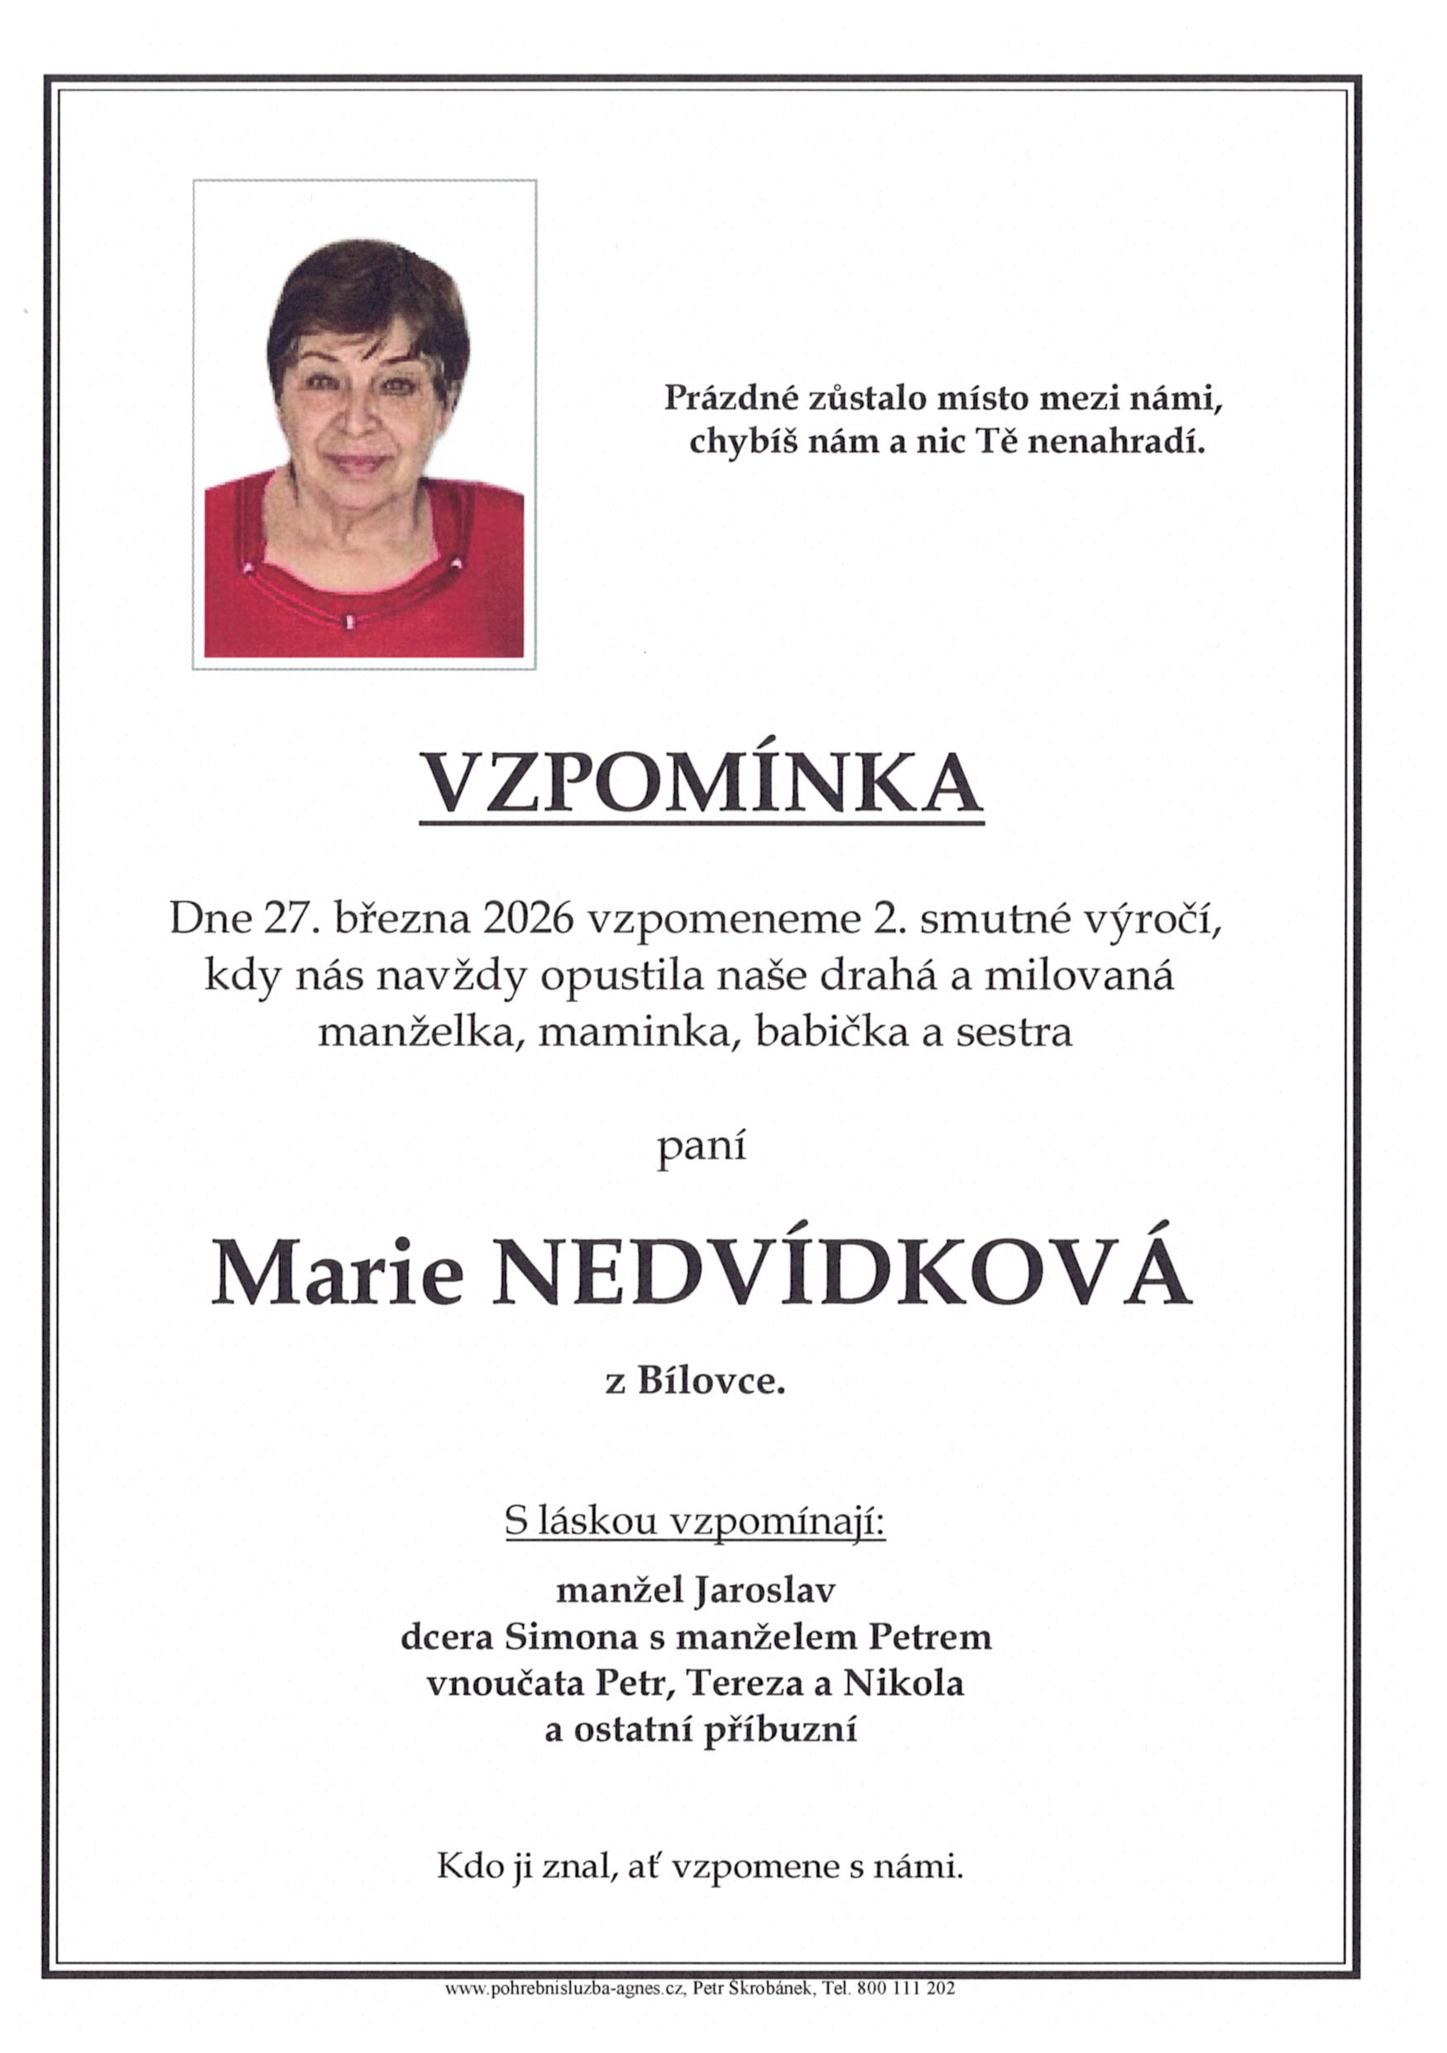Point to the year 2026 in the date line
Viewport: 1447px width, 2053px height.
525,919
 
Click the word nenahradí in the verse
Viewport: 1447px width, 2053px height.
1115,442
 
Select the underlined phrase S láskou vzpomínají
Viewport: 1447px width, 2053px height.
694,1521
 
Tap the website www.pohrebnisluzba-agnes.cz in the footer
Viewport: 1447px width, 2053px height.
565,2012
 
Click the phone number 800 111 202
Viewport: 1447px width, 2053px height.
905,2012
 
